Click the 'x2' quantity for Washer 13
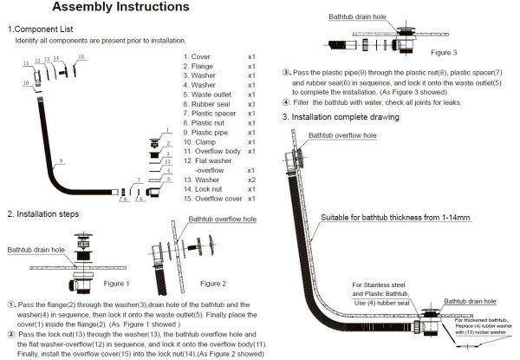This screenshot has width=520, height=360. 251,179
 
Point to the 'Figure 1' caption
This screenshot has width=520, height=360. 117,283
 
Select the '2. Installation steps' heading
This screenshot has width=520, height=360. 45,213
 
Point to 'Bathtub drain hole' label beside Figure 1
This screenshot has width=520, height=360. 36,250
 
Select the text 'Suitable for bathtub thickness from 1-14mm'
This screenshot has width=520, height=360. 393,216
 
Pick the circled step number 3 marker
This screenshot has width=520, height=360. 287,71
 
